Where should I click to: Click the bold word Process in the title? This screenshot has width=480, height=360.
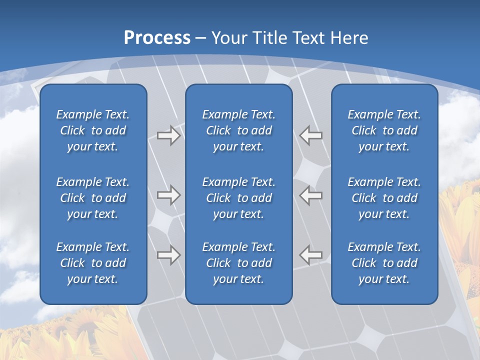pos(157,38)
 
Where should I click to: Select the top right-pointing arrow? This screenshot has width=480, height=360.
pos(169,135)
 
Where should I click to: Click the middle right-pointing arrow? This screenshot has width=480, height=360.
pos(169,195)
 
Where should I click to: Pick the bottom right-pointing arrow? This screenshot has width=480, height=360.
pos(169,255)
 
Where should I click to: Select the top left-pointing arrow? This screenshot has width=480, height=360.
pos(310,135)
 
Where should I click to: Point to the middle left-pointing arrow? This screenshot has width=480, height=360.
pos(310,195)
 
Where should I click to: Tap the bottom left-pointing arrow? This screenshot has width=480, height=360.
pos(310,255)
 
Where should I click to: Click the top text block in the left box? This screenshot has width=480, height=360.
pos(93,130)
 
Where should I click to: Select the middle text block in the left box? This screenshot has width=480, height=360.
pos(93,198)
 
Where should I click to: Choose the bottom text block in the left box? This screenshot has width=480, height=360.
pos(93,263)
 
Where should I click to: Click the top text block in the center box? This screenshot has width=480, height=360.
pos(238,130)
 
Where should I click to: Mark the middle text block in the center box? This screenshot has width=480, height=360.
pos(238,198)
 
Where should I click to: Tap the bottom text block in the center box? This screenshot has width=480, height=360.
pos(238,263)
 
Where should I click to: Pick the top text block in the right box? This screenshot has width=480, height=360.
pos(384,130)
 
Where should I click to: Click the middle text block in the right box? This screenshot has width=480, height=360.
pos(384,198)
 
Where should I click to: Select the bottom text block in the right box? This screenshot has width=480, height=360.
pos(384,263)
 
